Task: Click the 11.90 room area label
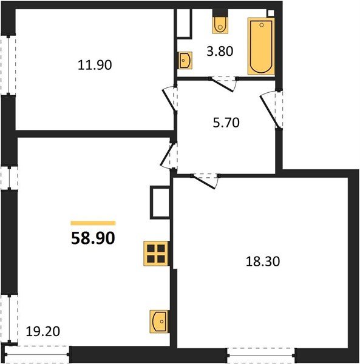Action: click(x=95, y=64)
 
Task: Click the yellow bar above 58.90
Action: click(x=93, y=223)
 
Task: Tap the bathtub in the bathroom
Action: click(x=261, y=46)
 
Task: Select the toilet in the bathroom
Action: click(x=219, y=24)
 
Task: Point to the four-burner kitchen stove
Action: click(x=156, y=252)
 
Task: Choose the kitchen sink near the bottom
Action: click(x=159, y=320)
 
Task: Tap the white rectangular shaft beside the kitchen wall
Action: click(x=160, y=202)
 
